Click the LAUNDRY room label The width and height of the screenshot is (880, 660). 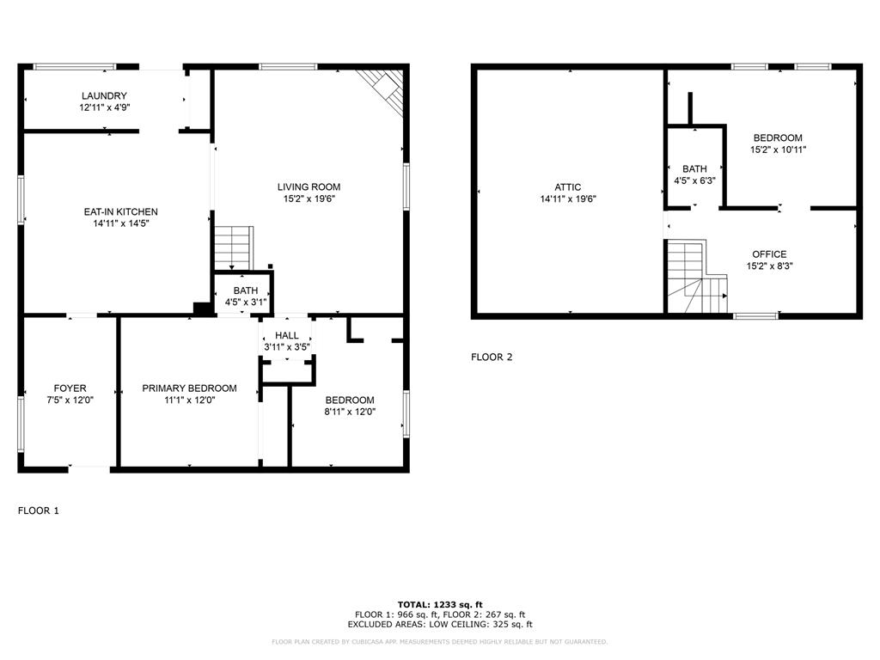tap(104, 95)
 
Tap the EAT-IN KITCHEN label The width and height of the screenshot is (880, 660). tap(120, 211)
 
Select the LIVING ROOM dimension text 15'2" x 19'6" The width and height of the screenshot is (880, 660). tap(309, 199)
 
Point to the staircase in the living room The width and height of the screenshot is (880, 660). tap(234, 247)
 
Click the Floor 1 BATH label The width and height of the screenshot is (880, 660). tap(245, 290)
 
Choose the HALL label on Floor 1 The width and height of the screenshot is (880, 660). tap(287, 335)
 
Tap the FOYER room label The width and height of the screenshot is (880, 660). tap(70, 388)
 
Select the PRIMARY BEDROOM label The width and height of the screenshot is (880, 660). tap(189, 388)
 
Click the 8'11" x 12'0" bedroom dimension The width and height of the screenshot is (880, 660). tap(350, 412)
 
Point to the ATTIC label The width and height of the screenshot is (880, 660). tap(567, 187)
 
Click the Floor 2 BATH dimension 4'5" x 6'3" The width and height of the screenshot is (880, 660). tap(694, 180)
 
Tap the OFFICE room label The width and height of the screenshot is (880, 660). tap(769, 254)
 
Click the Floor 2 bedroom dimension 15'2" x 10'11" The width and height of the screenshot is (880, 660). tap(778, 150)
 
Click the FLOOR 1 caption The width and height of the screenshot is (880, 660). tap(39, 510)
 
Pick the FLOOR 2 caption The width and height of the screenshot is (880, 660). tap(492, 357)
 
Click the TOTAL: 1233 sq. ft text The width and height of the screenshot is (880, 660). tap(439, 604)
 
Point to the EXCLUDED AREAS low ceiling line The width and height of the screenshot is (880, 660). tap(439, 625)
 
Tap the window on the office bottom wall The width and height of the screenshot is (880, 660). tap(755, 315)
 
